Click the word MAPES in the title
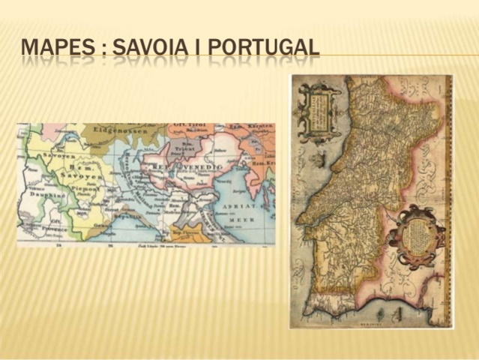(58, 46)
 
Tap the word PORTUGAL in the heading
(263, 46)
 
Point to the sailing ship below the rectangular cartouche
(321, 159)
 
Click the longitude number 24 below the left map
(59, 245)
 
